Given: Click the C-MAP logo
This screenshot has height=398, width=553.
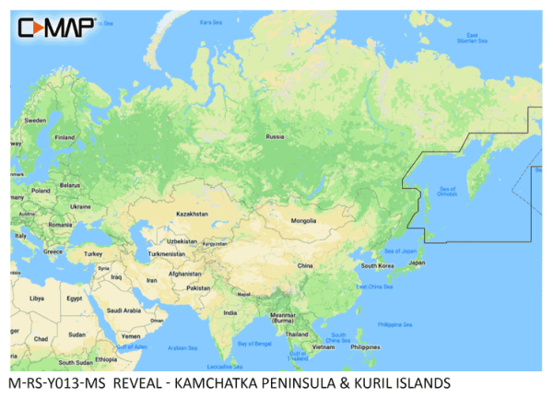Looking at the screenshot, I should [56, 27].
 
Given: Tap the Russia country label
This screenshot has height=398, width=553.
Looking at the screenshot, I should [275, 136].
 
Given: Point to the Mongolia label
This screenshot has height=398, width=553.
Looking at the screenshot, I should [303, 221].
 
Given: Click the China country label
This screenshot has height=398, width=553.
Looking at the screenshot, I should [304, 265].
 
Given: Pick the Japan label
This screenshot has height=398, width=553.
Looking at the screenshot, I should [417, 263].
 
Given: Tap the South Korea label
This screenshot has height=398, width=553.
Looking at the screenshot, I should [378, 265].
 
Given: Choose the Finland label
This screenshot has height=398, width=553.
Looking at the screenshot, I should [65, 137].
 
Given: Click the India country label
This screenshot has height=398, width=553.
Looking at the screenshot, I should [230, 313].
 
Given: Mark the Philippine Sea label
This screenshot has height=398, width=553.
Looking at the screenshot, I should [395, 324].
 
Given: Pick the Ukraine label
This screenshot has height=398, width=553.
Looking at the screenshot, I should [81, 206].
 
